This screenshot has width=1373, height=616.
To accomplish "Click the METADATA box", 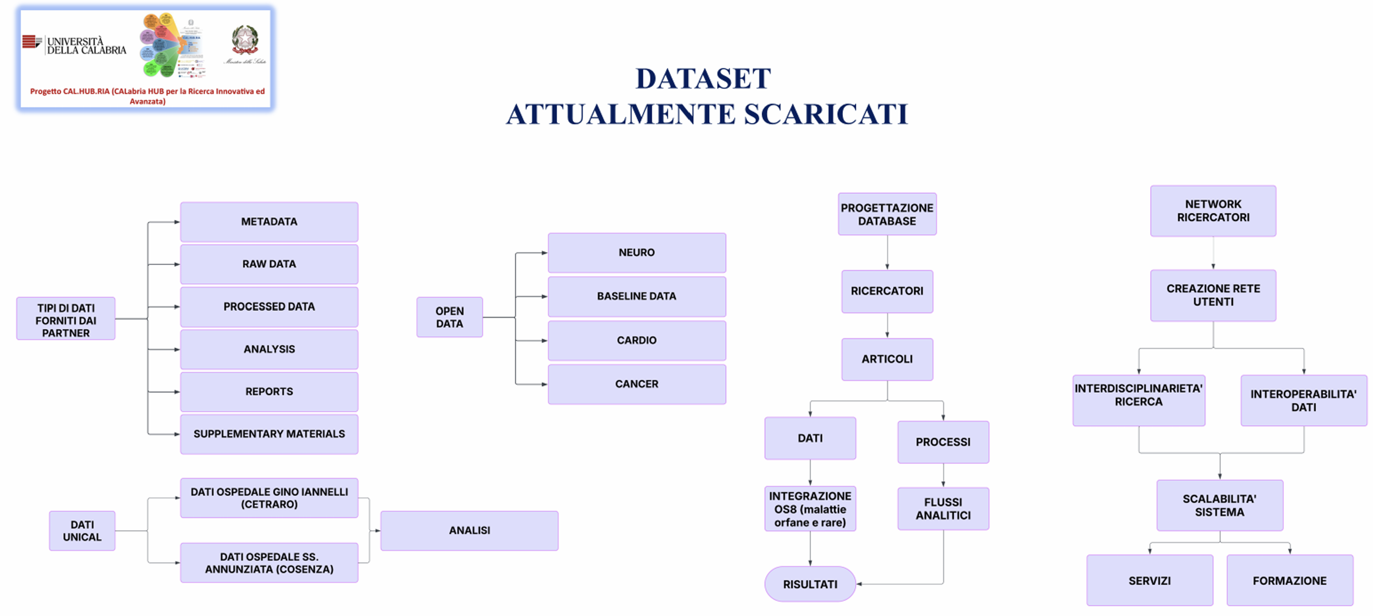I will tap(269, 222).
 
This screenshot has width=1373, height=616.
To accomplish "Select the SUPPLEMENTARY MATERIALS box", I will tap(269, 434).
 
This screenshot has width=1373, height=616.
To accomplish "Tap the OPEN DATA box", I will tap(449, 317).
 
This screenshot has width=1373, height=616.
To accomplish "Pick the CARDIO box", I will tap(636, 340).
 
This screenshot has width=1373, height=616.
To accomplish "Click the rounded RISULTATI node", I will tap(810, 584).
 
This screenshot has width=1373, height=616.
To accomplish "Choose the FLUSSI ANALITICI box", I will tap(943, 508).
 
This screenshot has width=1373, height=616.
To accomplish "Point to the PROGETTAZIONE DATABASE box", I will tap(887, 214).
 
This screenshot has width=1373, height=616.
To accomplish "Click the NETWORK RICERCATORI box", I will tap(1213, 211).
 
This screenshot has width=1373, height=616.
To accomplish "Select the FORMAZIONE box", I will tap(1289, 580).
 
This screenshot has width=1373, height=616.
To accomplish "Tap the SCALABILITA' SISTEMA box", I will tap(1219, 505).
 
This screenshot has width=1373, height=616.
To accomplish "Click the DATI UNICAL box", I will tap(82, 531).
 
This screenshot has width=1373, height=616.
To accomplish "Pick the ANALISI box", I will tap(469, 530).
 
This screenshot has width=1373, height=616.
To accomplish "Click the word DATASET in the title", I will tap(703, 79).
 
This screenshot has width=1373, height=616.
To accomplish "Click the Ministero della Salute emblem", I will tap(245, 39).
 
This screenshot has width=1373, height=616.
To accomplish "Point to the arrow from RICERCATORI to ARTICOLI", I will tap(887, 325).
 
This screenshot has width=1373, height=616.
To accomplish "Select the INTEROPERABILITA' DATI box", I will tap(1303, 400).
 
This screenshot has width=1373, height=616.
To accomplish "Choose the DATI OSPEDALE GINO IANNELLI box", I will tap(269, 498).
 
